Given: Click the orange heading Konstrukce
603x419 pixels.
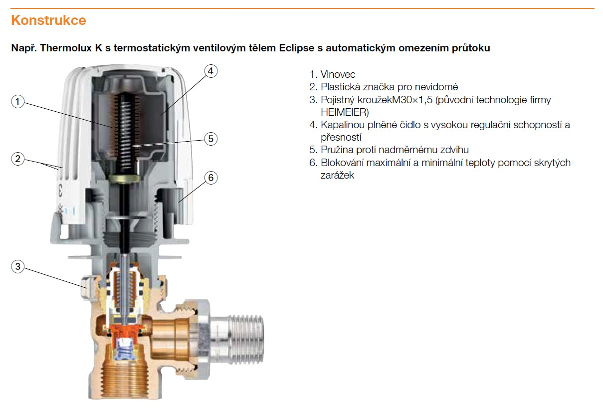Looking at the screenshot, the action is click(x=48, y=20).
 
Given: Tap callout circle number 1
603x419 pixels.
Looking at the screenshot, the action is click(x=18, y=102).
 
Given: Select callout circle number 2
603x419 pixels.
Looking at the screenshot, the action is click(x=18, y=159).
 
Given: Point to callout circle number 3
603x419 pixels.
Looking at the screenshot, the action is click(x=18, y=266).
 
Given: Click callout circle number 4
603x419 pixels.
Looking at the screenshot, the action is click(x=211, y=71).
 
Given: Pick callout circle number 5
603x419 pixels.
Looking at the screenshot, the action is click(x=211, y=139).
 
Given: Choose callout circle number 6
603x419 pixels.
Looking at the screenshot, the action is click(x=211, y=178).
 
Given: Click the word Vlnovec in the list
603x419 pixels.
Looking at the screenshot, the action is click(x=338, y=74).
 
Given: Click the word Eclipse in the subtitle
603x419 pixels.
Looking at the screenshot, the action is click(x=297, y=48).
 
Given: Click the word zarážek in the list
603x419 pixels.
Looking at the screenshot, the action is click(x=337, y=175).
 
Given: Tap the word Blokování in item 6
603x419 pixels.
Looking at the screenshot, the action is click(x=343, y=163).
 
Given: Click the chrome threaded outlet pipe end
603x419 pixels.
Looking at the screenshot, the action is click(x=244, y=339).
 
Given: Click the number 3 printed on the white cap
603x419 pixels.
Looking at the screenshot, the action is click(x=60, y=190).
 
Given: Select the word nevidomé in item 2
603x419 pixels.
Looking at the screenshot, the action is click(x=436, y=87).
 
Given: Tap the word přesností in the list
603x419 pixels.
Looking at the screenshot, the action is click(x=341, y=137).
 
